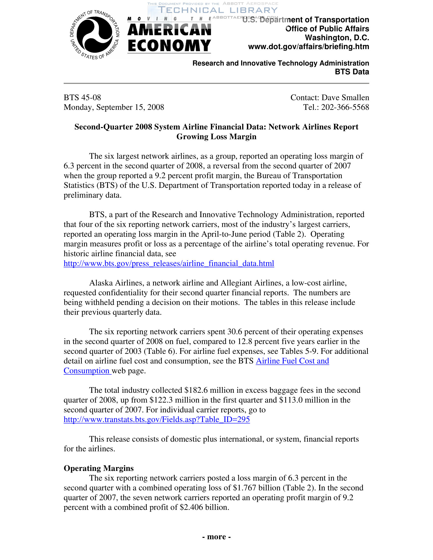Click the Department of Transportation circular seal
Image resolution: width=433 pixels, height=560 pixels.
(95, 35)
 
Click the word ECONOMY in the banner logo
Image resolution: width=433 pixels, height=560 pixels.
(169, 46)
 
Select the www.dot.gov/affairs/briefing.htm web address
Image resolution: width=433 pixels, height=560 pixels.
(308, 47)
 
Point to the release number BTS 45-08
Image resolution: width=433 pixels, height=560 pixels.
(82, 97)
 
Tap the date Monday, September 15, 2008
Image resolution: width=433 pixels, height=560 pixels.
(114, 107)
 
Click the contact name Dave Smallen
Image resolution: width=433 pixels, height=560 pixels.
(345, 97)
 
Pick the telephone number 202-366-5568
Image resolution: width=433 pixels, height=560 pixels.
(345, 107)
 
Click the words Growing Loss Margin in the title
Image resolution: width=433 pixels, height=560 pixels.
(216, 137)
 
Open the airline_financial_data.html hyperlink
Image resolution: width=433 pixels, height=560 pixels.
(169, 263)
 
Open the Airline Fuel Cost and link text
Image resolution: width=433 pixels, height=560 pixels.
(292, 361)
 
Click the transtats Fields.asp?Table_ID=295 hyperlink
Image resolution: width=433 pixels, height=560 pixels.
(156, 419)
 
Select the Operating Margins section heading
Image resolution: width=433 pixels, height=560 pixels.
(99, 468)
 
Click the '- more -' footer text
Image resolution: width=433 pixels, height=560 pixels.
(216, 537)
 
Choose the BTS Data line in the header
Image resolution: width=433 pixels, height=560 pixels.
(352, 72)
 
